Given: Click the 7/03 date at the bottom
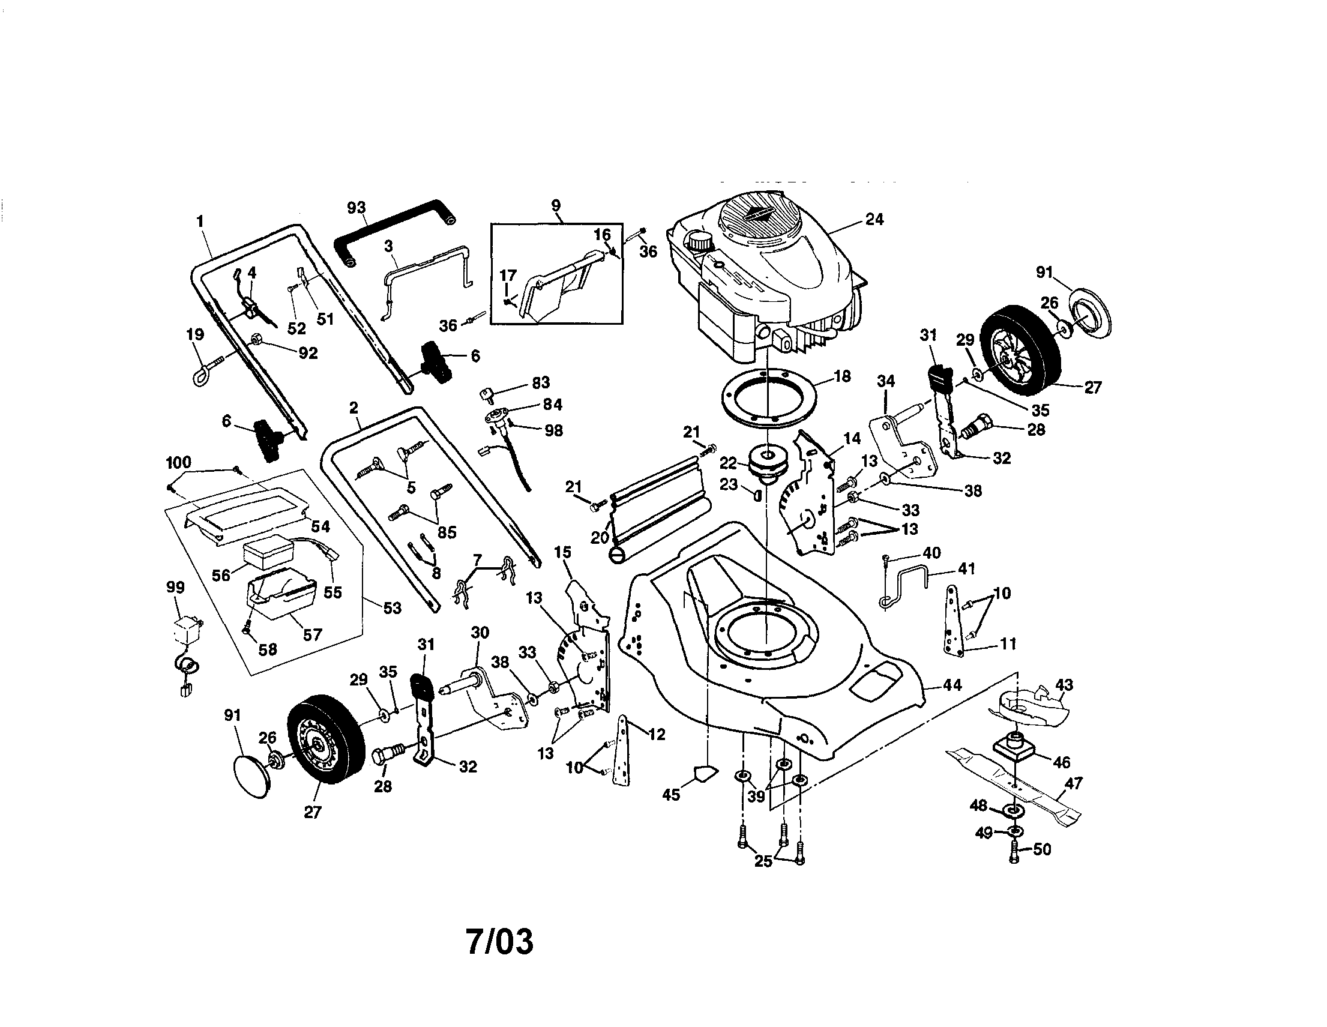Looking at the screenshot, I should point(499,941).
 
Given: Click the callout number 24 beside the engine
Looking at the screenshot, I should point(874,220).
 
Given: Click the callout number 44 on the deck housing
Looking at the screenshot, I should point(951,685).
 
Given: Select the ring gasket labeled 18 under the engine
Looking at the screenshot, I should point(769,400).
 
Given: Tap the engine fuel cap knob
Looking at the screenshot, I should point(700,241).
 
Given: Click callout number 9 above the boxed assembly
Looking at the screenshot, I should point(556,205).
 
